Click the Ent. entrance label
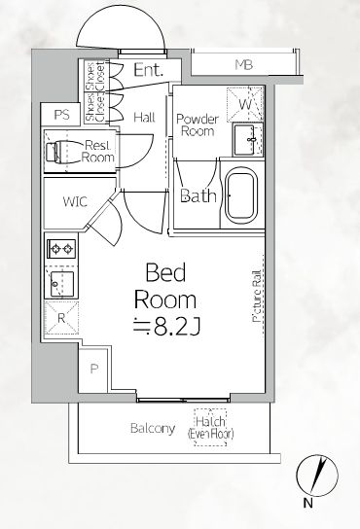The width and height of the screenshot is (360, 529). coord(148,70)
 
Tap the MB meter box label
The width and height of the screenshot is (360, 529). coord(244,64)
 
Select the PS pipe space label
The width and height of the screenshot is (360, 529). coord(62,115)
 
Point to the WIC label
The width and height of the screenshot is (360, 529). coord(75,201)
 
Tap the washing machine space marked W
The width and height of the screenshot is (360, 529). coord(245,104)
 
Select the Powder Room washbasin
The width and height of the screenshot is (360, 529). coord(247,139)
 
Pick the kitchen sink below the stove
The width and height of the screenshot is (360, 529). coord(61,284)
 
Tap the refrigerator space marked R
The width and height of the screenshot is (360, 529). coord(61,318)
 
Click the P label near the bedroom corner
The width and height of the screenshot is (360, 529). coord(93,370)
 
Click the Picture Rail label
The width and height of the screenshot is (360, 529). coord(257,296)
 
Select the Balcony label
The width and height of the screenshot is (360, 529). coord(153,429)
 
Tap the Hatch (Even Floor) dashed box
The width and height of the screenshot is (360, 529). coord(210,428)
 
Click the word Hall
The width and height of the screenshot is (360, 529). coord(144,118)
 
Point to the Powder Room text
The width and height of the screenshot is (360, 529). coord(198,124)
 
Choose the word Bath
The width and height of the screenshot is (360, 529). coord(198,195)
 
